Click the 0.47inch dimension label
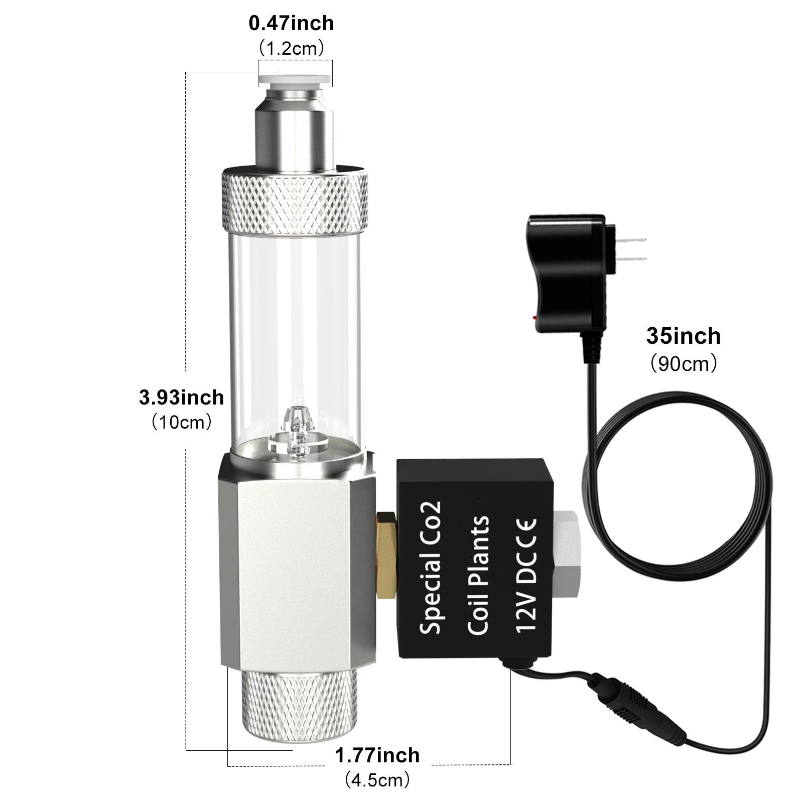[291, 24]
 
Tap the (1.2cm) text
[291, 48]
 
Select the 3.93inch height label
[181, 397]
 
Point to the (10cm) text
[181, 422]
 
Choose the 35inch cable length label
[683, 336]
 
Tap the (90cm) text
[684, 363]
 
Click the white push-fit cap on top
[294, 78]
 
